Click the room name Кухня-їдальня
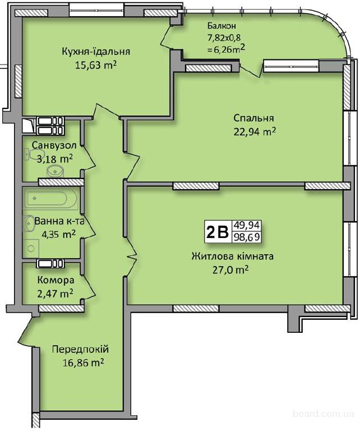coord(96,52)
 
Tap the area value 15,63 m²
coord(96,65)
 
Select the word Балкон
coord(221,26)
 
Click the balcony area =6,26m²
coord(225,49)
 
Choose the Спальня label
coord(253,118)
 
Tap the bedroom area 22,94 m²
coord(255,132)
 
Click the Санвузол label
coord(54,145)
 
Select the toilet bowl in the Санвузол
coord(56,172)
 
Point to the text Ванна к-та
coord(59,221)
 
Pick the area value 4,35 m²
coord(58,235)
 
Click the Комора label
coord(56,281)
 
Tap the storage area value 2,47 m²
coord(55,294)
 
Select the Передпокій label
coord(80,350)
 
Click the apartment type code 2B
coord(217,232)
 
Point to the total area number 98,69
coord(246,237)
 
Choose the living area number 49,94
coord(246,226)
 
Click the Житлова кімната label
coord(232,256)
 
